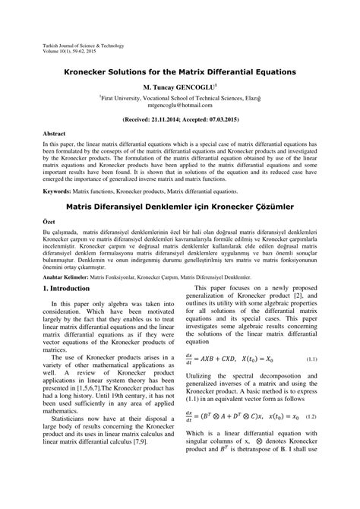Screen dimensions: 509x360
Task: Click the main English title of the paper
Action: (179, 71)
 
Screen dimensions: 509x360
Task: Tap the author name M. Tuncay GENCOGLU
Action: (179, 87)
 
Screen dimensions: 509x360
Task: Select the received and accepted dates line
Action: (179, 120)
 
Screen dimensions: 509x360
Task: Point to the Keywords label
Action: (59, 193)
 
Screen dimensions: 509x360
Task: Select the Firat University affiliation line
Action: (179, 99)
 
